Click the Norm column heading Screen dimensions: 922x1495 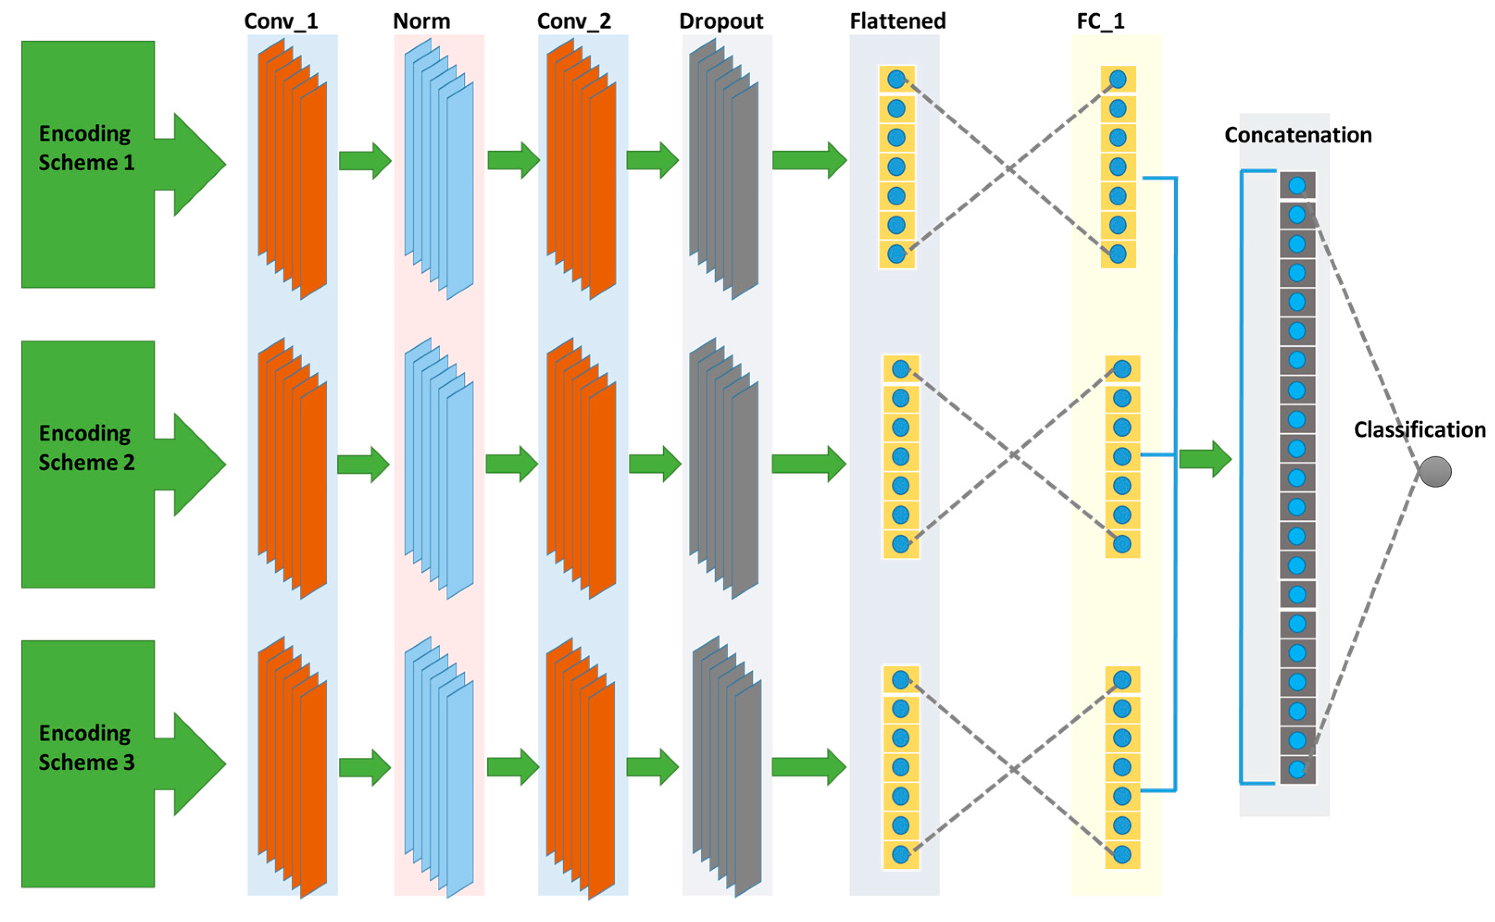click(x=422, y=21)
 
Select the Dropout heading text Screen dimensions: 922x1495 click(x=721, y=21)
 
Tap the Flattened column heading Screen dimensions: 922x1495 click(x=897, y=21)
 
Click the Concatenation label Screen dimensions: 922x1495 click(x=1298, y=135)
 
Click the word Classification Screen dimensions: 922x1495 click(x=1420, y=429)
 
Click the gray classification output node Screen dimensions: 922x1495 click(x=1435, y=471)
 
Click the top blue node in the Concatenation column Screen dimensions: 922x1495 click(x=1297, y=186)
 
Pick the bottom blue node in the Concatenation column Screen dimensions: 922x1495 click(x=1297, y=769)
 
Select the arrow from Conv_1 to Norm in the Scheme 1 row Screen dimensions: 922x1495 click(x=365, y=161)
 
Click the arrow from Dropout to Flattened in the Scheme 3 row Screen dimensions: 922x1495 click(x=808, y=767)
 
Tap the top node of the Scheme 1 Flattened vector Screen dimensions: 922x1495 click(x=896, y=79)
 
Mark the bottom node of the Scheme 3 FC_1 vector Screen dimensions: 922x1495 click(x=1121, y=854)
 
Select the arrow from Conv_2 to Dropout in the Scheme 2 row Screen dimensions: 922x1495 click(x=654, y=464)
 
